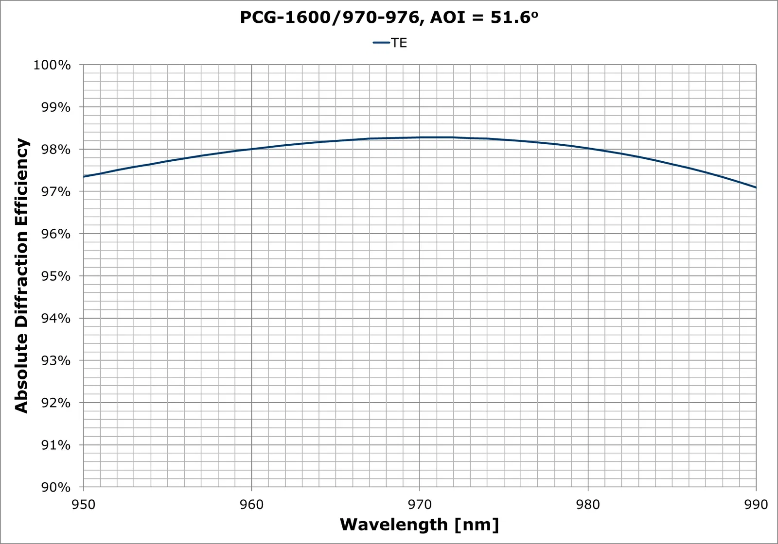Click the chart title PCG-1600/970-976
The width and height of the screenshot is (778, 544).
389,17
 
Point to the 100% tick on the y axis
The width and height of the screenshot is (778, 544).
52,65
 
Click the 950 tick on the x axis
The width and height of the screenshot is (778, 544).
84,504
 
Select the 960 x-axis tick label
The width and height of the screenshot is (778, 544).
252,504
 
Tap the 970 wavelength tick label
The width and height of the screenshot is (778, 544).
420,504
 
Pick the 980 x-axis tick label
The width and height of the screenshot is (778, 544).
588,504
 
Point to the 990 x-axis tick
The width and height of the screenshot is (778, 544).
756,504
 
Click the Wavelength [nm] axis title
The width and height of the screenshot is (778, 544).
419,525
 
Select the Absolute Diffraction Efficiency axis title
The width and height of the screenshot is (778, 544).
21,275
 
